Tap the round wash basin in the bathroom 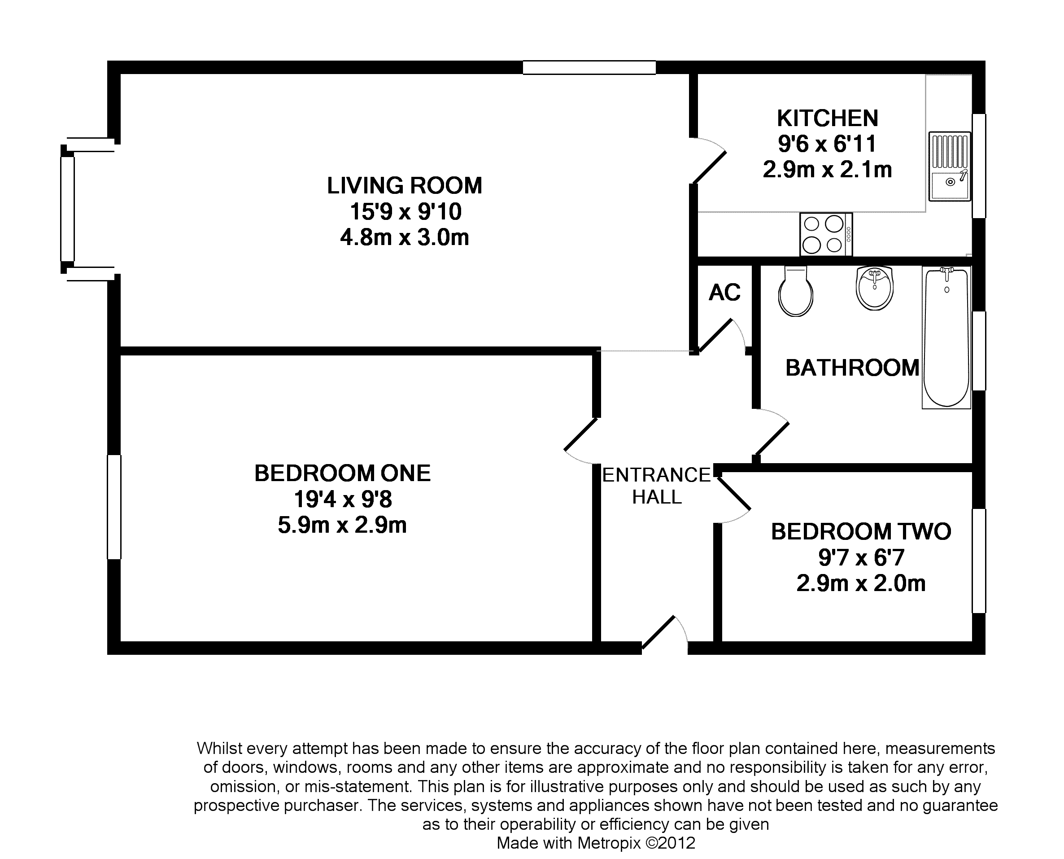point(875,288)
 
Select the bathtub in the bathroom point(946,337)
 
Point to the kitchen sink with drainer point(949,166)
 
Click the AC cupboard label point(725,293)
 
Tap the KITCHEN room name point(828,118)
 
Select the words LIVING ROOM point(405,185)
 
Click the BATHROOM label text point(852,368)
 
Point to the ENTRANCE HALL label point(657,486)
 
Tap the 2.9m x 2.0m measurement point(861,583)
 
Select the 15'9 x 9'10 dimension point(406,212)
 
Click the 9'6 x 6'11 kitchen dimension point(827,144)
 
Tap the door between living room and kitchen point(710,168)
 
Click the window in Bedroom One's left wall point(114,507)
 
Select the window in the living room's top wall point(589,67)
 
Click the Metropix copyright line point(596,843)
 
